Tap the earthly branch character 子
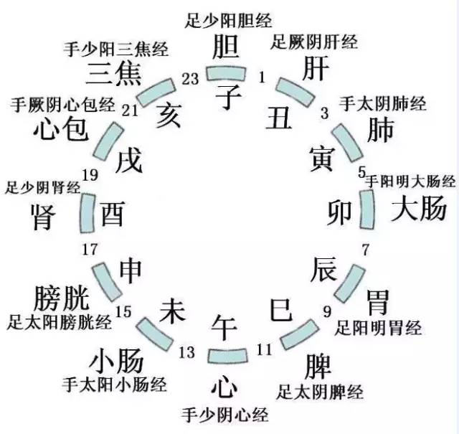coord(227,95)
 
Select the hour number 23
coord(190,80)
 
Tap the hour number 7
coord(365,250)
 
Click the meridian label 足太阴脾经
coord(319,392)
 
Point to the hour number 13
coord(186,352)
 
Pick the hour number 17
coord(90,250)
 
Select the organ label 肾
coord(44,217)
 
